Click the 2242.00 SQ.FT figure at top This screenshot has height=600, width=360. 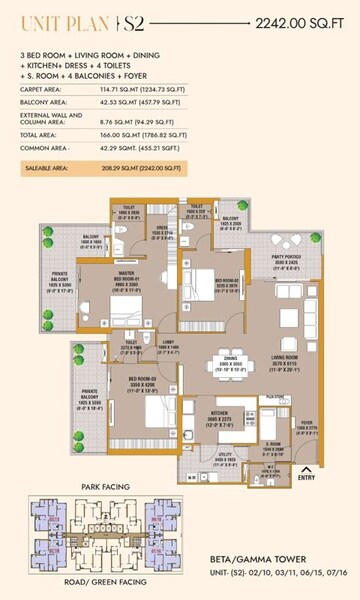pyautogui.click(x=300, y=21)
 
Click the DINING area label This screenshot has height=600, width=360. pyautogui.click(x=232, y=359)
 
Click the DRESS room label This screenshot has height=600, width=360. pyautogui.click(x=161, y=227)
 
